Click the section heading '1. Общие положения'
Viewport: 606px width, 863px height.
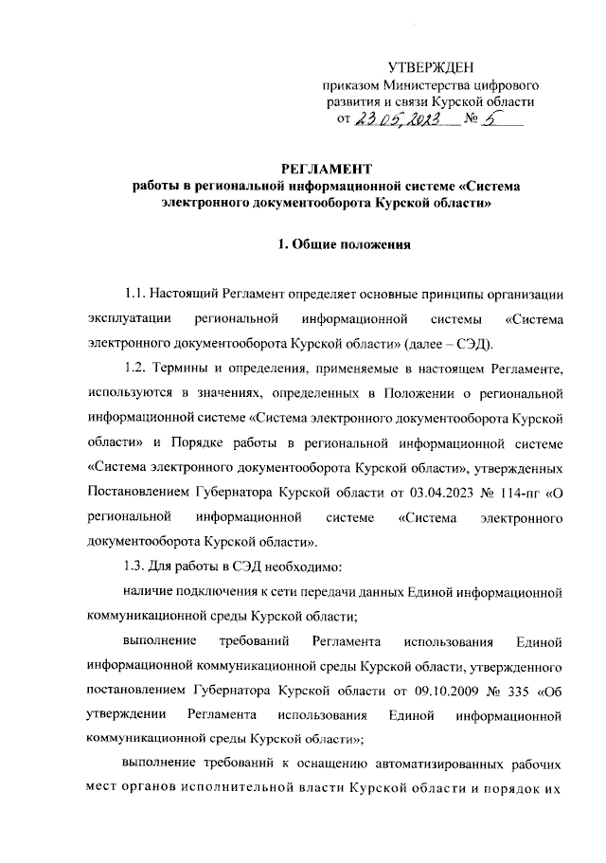tap(343, 246)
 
